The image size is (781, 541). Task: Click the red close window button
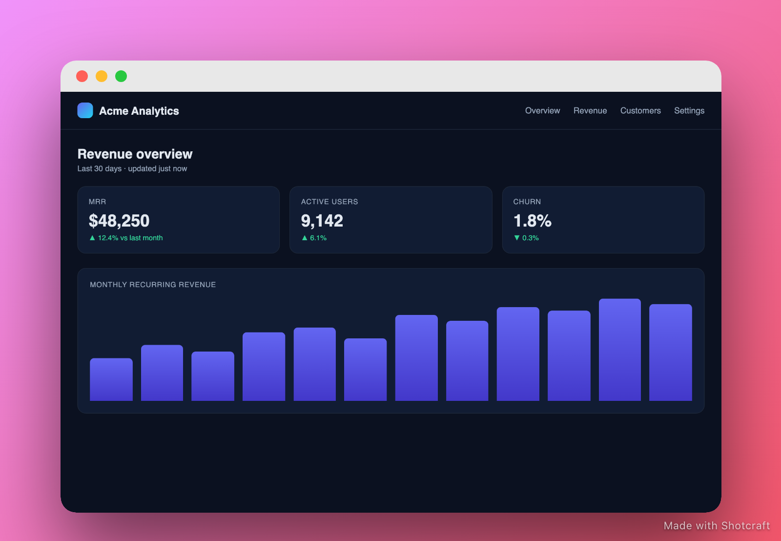tap(82, 76)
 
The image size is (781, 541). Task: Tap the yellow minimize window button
tap(102, 76)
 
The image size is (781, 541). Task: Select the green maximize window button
tap(121, 76)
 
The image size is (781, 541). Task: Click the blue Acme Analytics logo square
tap(85, 110)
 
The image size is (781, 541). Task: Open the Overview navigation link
tap(542, 110)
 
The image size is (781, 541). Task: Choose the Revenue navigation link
tap(590, 110)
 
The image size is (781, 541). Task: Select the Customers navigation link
tap(640, 110)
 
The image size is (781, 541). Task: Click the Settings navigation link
tap(689, 111)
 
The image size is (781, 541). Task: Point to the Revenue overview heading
tap(135, 154)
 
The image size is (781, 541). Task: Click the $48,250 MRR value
tap(119, 220)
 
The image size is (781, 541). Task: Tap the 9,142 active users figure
tap(322, 220)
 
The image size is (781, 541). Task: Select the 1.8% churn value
tap(533, 220)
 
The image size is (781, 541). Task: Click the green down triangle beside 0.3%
tap(517, 237)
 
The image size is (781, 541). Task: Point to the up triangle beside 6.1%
tap(305, 237)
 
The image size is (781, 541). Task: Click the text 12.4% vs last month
tap(130, 238)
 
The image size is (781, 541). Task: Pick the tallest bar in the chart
tap(619, 350)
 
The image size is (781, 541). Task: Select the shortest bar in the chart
tap(111, 379)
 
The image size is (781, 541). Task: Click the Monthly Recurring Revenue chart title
tap(153, 285)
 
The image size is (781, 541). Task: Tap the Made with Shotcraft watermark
tap(717, 526)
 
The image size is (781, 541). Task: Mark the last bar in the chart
tap(671, 353)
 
